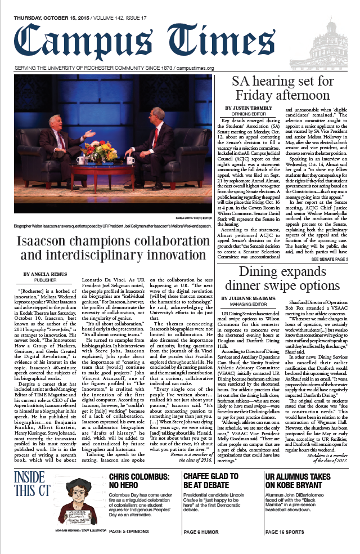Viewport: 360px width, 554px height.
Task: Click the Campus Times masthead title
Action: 149,42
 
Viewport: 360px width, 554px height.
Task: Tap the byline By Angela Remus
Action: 45,274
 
